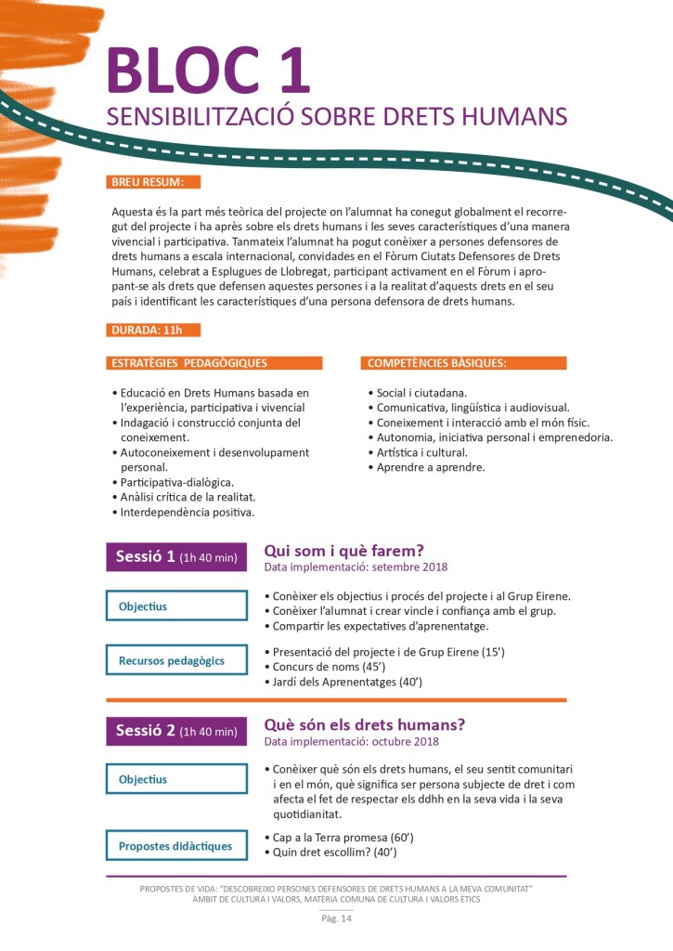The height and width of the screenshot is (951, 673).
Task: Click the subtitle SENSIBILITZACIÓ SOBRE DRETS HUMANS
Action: tap(335, 116)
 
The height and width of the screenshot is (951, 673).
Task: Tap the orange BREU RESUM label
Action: tap(153, 181)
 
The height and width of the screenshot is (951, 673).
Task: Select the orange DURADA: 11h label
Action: tap(153, 330)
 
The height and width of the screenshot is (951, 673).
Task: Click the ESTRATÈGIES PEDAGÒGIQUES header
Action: tap(214, 362)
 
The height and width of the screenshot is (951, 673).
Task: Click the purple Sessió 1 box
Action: tap(176, 557)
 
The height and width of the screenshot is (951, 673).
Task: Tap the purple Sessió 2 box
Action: tap(176, 731)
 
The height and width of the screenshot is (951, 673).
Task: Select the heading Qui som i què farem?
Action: tap(344, 550)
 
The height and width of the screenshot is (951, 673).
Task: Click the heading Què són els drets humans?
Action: tap(365, 723)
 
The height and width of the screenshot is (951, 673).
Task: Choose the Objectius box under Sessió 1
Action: tap(176, 606)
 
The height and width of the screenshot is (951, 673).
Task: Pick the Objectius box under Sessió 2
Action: tap(176, 780)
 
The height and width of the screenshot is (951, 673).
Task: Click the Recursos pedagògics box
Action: tap(176, 661)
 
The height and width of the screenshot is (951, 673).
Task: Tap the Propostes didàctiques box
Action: tap(176, 846)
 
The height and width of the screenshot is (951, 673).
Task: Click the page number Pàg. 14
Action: tap(336, 919)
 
